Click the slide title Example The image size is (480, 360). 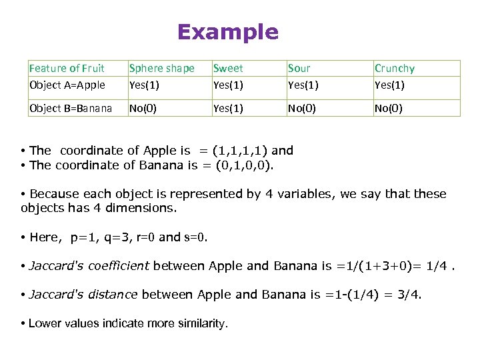tap(228, 32)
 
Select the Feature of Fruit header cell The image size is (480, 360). tap(67, 68)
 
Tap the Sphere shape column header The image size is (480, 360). tap(161, 68)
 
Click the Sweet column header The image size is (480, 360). tap(228, 68)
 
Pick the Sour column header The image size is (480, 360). tap(299, 68)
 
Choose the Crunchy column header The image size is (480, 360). tap(395, 68)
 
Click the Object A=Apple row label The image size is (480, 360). tap(67, 85)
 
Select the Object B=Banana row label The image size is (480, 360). tap(71, 108)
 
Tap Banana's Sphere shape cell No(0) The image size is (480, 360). tap(143, 108)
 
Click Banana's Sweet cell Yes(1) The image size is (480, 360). tap(228, 108)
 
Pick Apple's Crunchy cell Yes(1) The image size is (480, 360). tap(389, 85)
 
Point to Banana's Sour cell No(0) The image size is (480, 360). tap(302, 108)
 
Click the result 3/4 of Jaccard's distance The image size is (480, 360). tap(409, 295)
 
